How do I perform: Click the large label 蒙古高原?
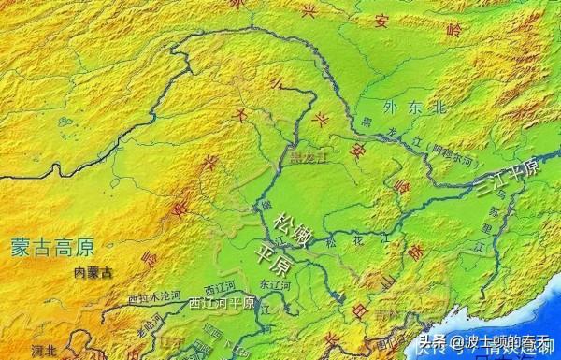[x=53, y=247]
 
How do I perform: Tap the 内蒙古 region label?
[x=93, y=273]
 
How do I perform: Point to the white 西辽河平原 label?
[x=222, y=303]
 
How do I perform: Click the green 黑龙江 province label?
[x=308, y=156]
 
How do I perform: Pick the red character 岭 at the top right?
[x=455, y=30]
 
